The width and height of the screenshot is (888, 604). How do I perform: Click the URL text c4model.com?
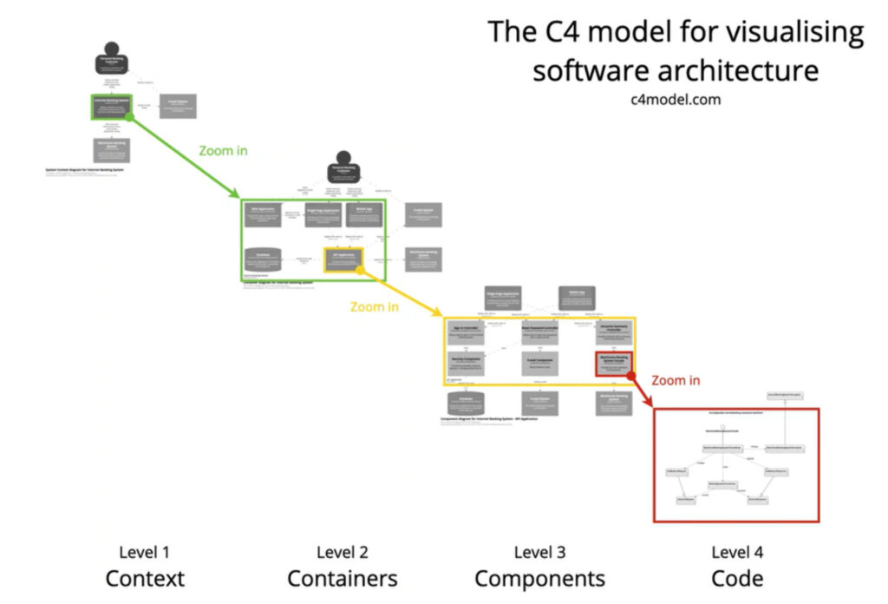pos(676,99)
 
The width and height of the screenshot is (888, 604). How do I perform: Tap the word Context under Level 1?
pos(145,578)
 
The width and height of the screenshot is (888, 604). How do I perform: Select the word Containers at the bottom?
pos(343,578)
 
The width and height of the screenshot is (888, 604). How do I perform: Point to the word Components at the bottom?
pos(539,578)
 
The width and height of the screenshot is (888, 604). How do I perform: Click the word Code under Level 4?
pos(737,578)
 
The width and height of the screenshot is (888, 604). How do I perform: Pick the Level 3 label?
pos(539,552)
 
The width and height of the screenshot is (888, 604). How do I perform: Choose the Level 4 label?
pos(737,552)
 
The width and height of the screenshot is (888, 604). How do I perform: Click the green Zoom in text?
pos(223,150)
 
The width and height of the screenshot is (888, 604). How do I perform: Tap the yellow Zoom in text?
pos(375,307)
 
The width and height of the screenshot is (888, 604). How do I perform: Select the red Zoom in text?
pos(676,380)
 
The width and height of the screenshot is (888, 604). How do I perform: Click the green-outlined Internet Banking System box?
pos(110,106)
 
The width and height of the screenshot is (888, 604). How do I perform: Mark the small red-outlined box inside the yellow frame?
pos(614,363)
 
